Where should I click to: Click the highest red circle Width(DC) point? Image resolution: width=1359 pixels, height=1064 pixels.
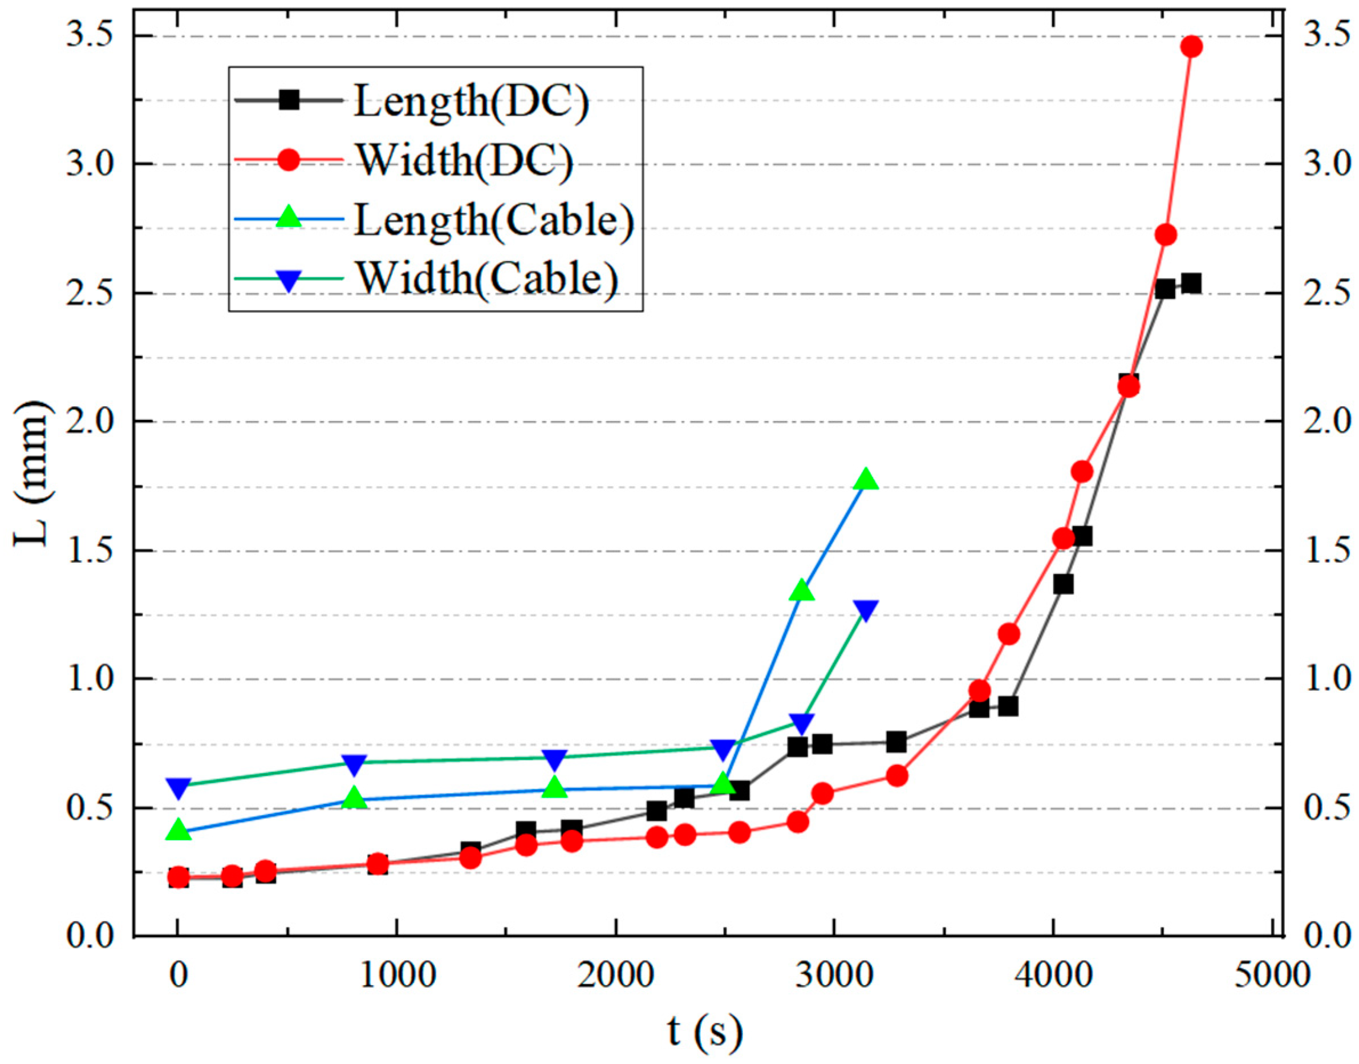tap(1191, 47)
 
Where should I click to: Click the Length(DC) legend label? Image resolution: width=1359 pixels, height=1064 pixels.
tap(470, 102)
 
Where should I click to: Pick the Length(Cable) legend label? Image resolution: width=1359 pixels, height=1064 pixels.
tap(493, 219)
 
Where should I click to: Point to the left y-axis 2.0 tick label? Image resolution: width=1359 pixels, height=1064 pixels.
tap(87, 421)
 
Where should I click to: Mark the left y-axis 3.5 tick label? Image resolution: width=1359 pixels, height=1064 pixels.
tap(87, 36)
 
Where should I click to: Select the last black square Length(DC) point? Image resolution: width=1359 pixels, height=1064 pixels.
tap(1191, 284)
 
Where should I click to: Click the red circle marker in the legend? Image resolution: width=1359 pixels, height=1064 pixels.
tap(289, 160)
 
